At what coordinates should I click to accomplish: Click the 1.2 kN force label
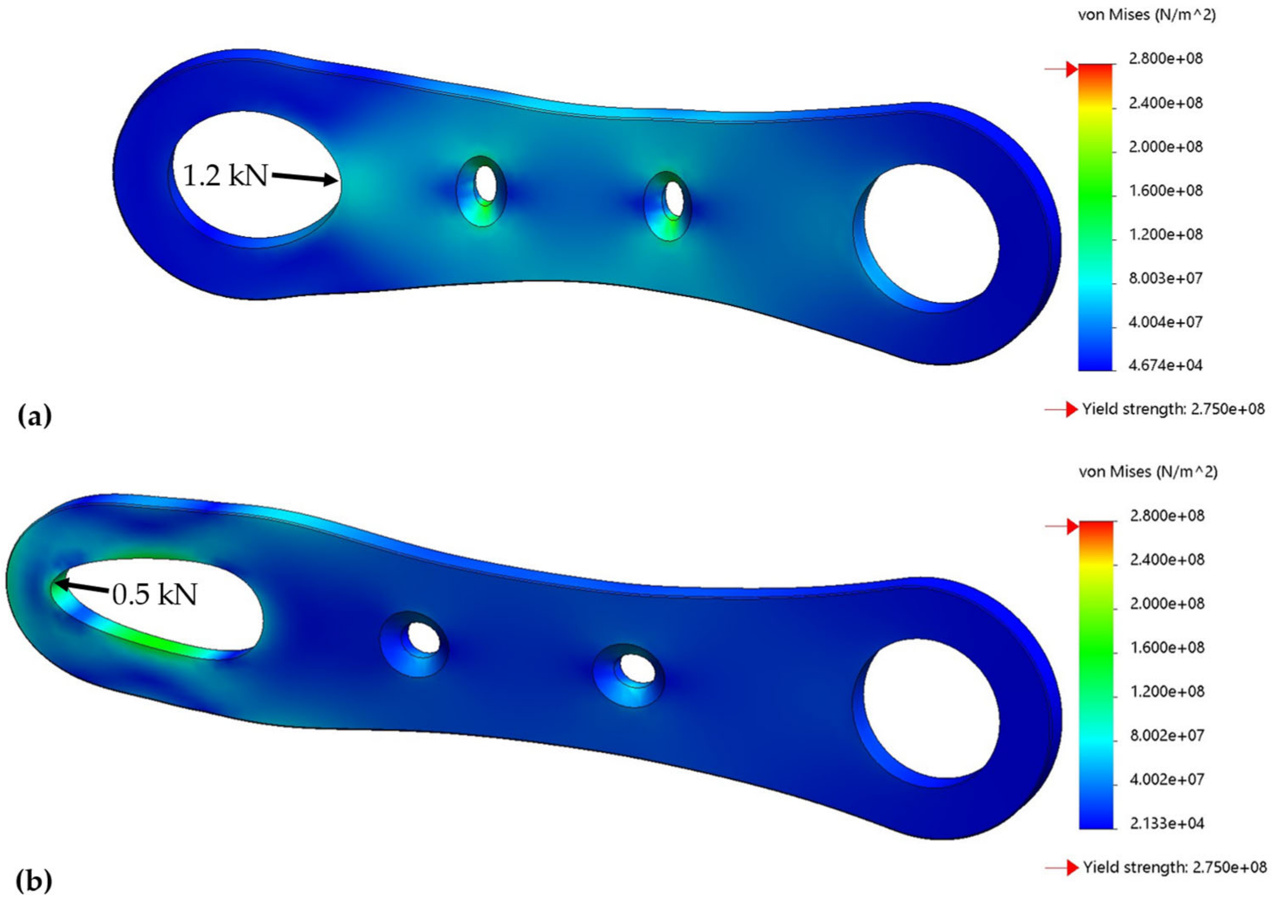point(225,176)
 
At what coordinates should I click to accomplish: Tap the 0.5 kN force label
point(155,594)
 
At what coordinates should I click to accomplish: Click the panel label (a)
point(35,416)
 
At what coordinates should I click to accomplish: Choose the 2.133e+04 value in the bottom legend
point(1167,823)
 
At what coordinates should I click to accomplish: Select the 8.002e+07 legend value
point(1167,735)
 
